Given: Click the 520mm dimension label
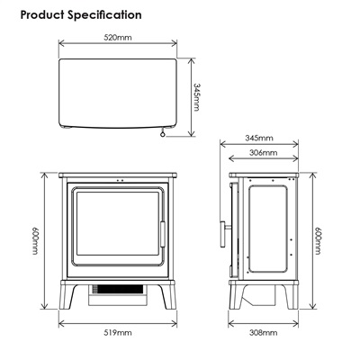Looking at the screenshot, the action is [x=118, y=38].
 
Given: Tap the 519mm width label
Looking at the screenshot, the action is [x=118, y=333].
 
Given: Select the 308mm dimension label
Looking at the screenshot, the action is [x=263, y=333].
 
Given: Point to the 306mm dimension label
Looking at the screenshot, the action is [x=263, y=153].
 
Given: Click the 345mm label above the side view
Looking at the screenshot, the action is [x=259, y=138].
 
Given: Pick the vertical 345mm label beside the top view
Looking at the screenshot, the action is [x=196, y=97].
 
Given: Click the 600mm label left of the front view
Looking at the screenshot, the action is [x=36, y=240].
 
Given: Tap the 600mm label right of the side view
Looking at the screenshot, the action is [x=318, y=240].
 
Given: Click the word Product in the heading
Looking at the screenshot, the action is [x=42, y=14].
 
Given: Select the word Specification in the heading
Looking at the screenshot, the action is [x=104, y=15].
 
